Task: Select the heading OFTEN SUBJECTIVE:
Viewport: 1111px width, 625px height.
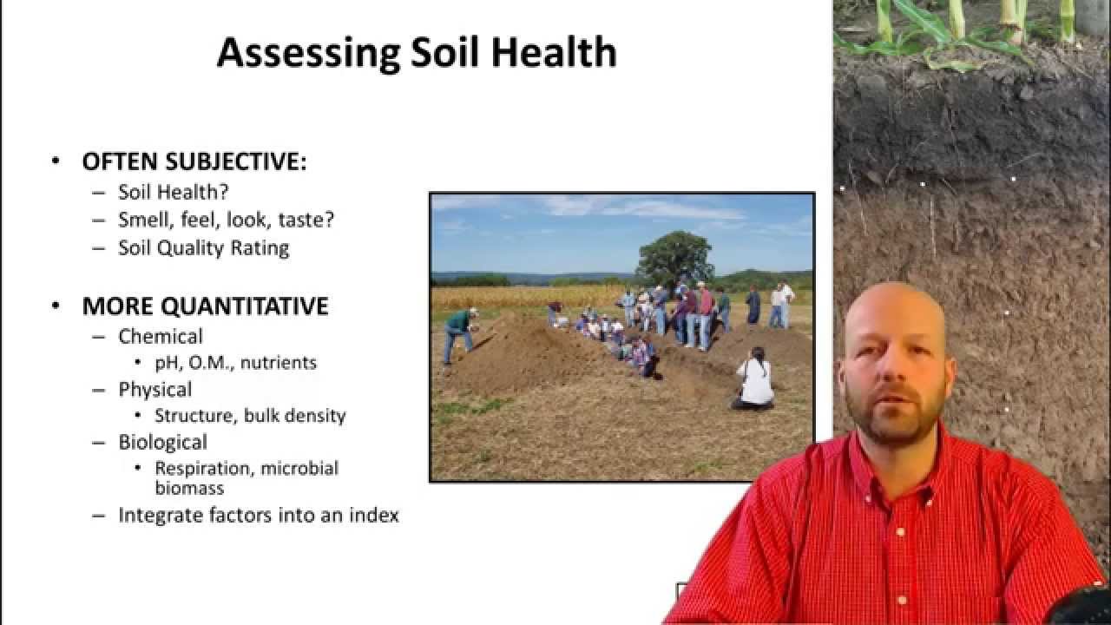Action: point(194,161)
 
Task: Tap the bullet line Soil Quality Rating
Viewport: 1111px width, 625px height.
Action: point(203,247)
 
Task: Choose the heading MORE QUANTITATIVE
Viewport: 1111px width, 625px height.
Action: point(205,306)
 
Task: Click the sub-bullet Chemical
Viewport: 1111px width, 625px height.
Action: point(161,336)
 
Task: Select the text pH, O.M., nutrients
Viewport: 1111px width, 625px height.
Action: point(235,362)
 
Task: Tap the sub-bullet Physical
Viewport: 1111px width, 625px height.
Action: point(155,389)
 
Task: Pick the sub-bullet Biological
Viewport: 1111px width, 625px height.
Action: point(162,442)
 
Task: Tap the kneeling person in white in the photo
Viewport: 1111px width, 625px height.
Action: point(754,382)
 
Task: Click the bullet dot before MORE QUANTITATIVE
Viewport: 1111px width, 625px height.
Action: point(56,306)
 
